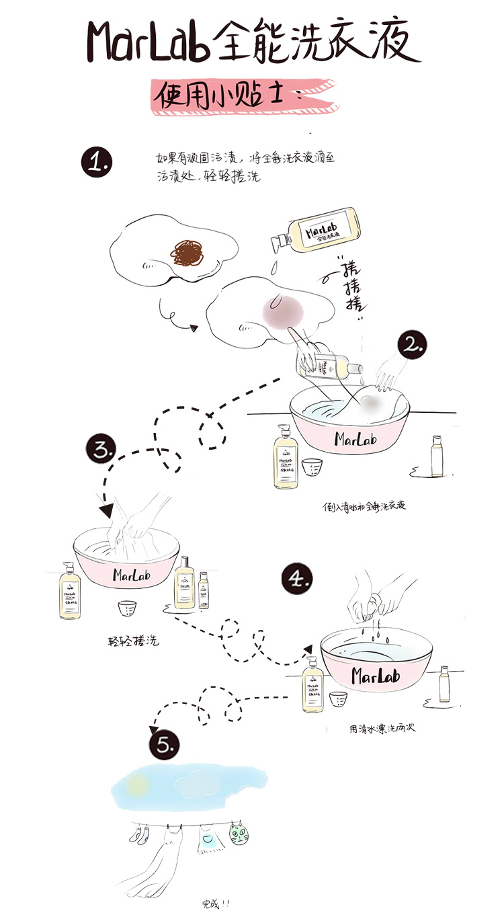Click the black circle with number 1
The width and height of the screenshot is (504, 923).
(97, 163)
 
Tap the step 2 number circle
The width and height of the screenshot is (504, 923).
(412, 345)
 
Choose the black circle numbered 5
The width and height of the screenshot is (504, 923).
(163, 745)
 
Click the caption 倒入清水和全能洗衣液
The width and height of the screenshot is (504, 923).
(364, 506)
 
